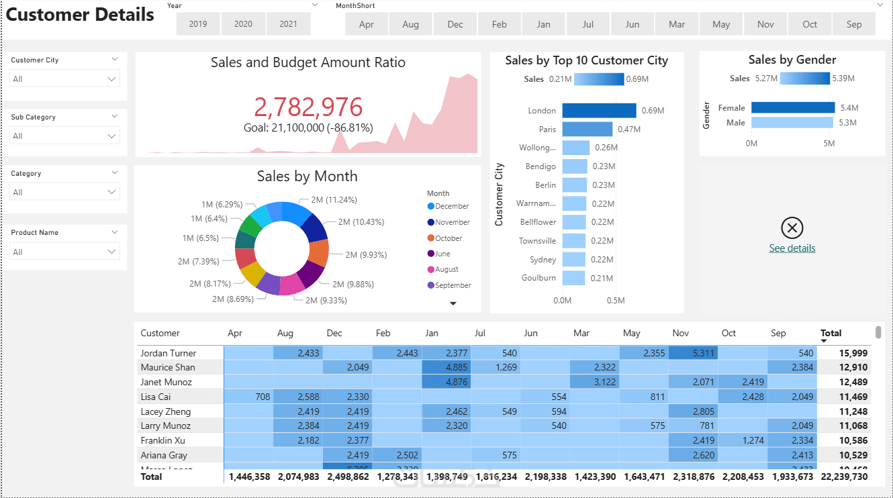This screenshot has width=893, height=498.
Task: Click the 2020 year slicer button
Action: (243, 24)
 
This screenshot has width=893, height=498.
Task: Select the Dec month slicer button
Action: (455, 24)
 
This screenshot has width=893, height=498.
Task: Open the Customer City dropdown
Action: (64, 79)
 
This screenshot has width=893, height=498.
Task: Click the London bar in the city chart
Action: (599, 111)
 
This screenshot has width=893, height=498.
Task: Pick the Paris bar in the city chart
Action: (587, 129)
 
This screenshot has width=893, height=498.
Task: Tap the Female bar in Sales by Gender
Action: (793, 107)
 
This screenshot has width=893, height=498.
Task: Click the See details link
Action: (792, 248)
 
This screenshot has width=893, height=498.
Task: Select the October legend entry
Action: (449, 238)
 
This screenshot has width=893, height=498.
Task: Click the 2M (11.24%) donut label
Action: (334, 199)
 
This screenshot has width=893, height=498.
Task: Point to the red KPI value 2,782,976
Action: (308, 107)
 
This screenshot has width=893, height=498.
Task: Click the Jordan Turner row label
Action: (169, 353)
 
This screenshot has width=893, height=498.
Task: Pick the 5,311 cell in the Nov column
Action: (694, 353)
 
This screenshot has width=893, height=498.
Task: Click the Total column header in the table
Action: (831, 333)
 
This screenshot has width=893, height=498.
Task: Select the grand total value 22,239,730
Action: (843, 477)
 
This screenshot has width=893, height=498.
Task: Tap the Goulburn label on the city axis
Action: (538, 278)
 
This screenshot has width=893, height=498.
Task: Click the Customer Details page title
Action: (80, 15)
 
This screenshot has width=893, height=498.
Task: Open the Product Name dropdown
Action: (64, 252)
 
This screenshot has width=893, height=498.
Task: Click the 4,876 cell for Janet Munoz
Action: (446, 382)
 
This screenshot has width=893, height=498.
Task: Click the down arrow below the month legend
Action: (453, 303)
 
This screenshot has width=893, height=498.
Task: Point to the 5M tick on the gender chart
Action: (829, 144)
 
